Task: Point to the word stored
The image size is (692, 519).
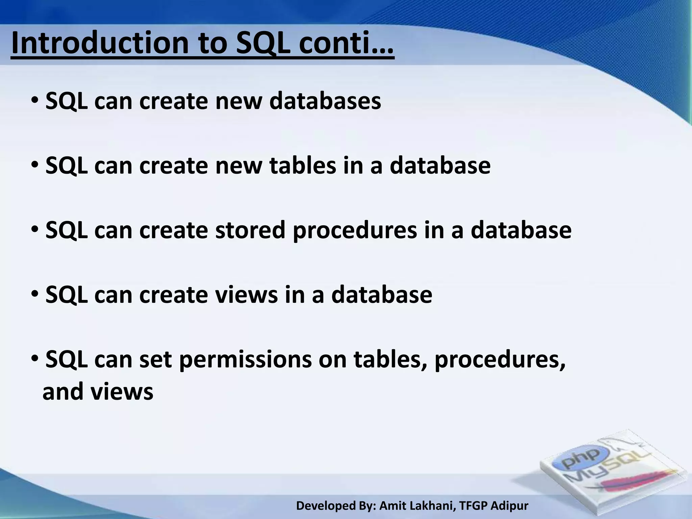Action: click(x=250, y=230)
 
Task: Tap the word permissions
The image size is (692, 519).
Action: click(x=245, y=360)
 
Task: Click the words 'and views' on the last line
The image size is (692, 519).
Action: click(x=98, y=392)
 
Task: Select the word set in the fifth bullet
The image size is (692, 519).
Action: click(x=155, y=360)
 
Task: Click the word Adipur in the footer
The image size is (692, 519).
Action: click(x=509, y=506)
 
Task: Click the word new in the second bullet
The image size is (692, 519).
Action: click(x=239, y=166)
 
